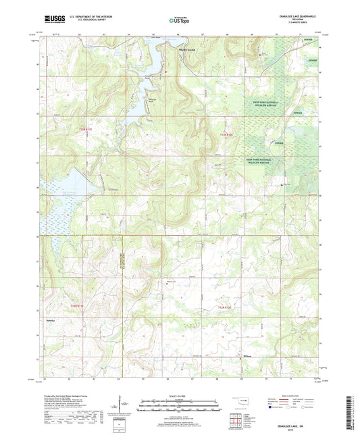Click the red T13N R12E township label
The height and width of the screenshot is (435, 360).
(226, 136)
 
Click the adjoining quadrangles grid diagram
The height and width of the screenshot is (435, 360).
(238, 421)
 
